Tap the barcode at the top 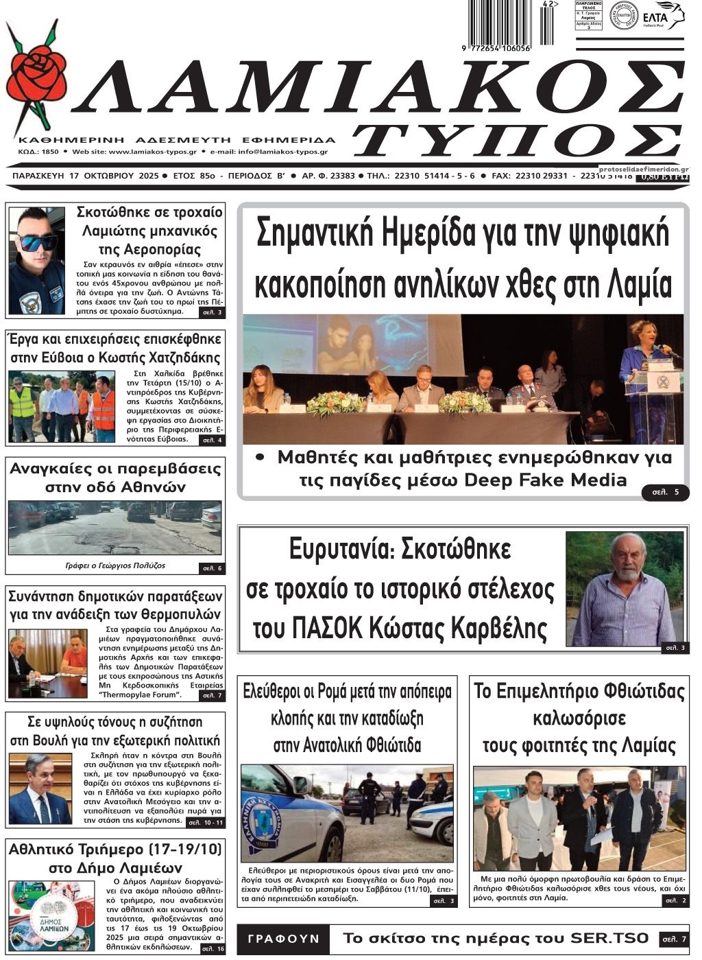[501, 24]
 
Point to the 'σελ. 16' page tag [213, 949]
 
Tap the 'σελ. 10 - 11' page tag [205, 822]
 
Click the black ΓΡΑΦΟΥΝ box [284, 938]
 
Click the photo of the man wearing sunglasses [37, 260]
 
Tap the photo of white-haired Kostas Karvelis [625, 589]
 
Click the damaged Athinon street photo [115, 528]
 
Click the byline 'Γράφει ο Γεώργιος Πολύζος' [115, 566]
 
